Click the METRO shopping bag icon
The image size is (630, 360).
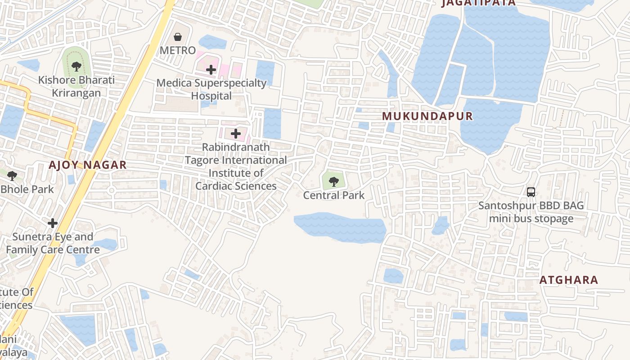178,36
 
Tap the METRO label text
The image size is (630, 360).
178,50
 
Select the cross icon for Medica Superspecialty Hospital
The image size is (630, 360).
211,69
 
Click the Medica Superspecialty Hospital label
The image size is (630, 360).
211,89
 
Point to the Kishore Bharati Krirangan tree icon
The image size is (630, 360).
76,67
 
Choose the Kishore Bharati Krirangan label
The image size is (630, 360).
76,86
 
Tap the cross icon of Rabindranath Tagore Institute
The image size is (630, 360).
236,133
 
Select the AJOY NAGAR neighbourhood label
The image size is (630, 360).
88,165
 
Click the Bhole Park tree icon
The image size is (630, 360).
12,175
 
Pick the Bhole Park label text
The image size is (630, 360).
27,189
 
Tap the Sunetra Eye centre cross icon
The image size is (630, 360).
53,223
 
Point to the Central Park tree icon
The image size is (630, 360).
334,181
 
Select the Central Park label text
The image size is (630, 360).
334,195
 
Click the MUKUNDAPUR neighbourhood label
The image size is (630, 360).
427,116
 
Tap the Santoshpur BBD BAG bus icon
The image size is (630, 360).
531,192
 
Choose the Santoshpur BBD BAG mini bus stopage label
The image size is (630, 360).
531,212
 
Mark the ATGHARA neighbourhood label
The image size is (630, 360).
569,280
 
